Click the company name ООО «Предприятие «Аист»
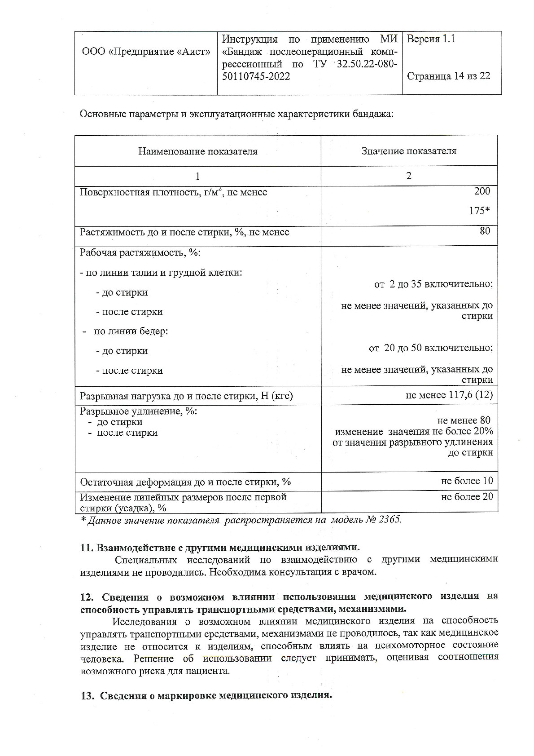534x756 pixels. [x=146, y=52]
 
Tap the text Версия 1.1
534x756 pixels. [x=430, y=39]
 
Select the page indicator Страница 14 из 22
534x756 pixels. [x=448, y=76]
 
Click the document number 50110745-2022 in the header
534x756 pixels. [x=256, y=76]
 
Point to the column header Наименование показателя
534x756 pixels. [x=197, y=151]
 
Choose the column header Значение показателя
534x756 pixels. [x=409, y=151]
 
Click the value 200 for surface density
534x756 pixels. [x=482, y=191]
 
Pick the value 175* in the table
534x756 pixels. [x=479, y=211]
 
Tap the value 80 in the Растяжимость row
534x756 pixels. [x=485, y=231]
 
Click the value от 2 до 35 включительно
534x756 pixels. [x=433, y=284]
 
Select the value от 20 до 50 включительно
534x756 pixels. [x=431, y=348]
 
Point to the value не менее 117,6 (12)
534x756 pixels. [x=449, y=395]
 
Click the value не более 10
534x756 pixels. [x=467, y=481]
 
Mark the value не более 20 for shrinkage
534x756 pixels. [x=467, y=497]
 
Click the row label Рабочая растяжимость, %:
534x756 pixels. [x=140, y=252]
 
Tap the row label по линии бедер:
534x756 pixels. [x=131, y=332]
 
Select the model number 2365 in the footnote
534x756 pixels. [x=390, y=520]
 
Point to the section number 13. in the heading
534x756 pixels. [x=87, y=696]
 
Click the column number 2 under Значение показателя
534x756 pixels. [x=408, y=176]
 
